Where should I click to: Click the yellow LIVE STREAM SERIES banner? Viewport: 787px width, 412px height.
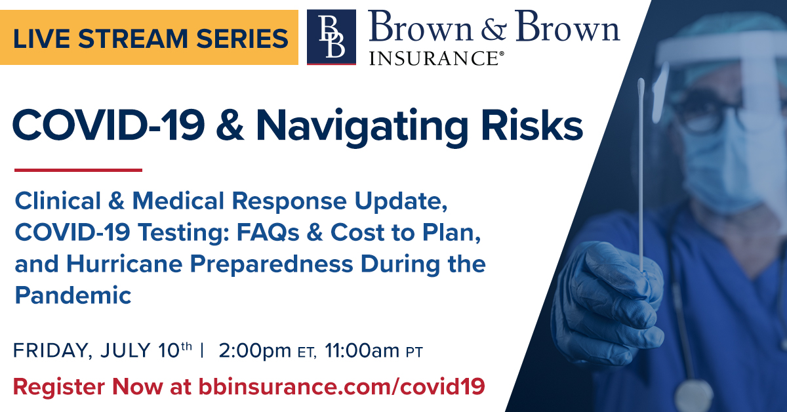149,37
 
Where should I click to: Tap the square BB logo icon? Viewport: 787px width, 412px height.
331,37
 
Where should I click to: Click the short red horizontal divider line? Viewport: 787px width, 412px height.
78,170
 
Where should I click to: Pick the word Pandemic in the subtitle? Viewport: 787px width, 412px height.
73,295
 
